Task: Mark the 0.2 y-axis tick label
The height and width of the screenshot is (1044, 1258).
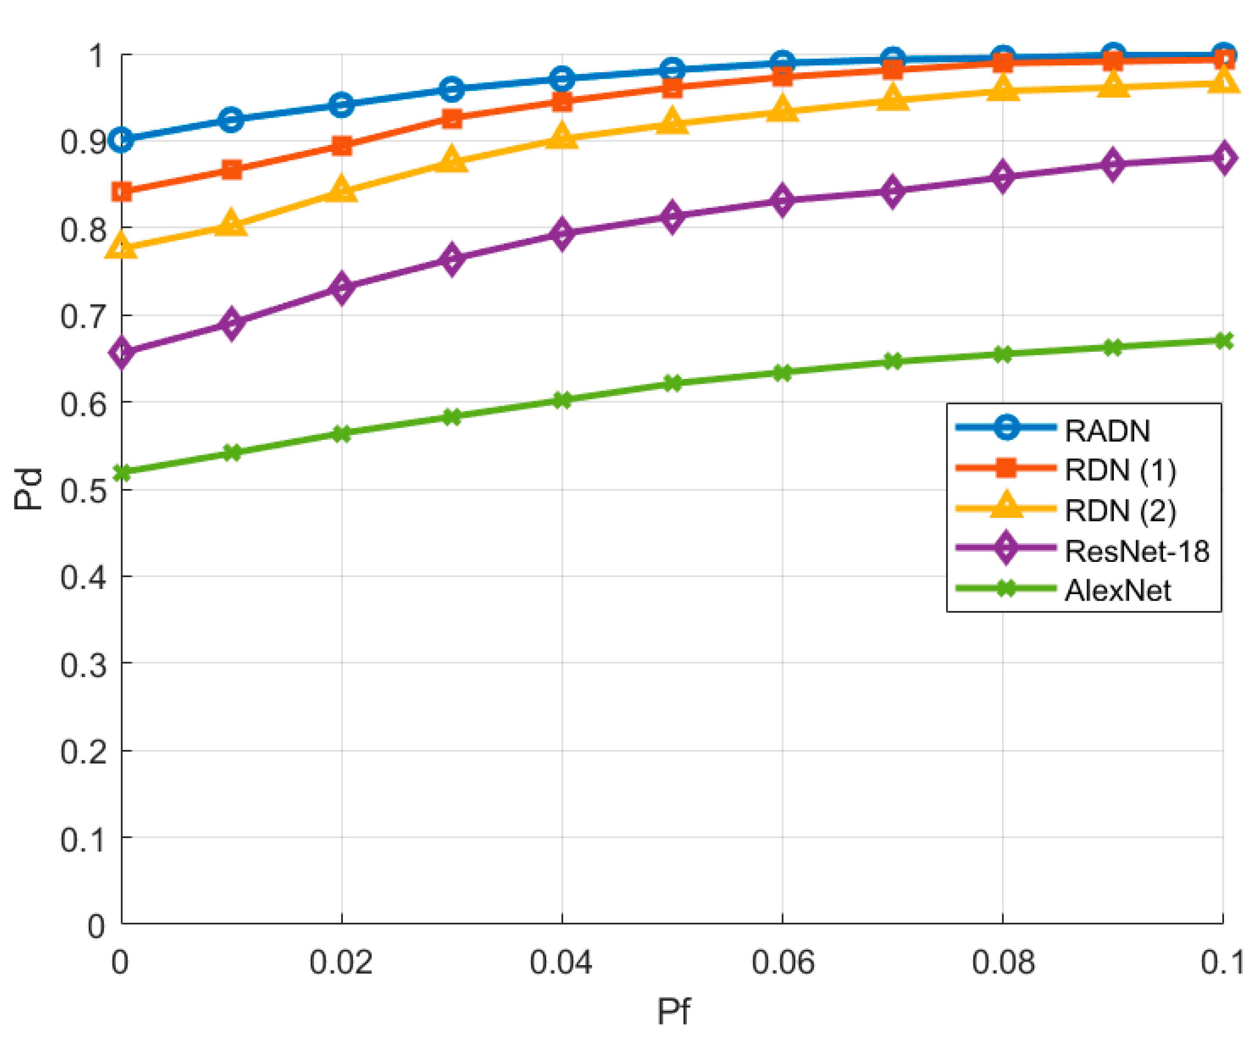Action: [x=84, y=751]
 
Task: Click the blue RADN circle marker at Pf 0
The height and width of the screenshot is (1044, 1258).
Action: [x=122, y=140]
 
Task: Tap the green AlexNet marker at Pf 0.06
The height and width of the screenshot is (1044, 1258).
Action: [x=782, y=372]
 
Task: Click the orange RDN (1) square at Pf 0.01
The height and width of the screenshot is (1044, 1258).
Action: [x=231, y=169]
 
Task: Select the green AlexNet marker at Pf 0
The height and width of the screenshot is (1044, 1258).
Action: [x=122, y=473]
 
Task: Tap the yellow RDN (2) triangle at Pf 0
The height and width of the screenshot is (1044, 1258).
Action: [x=122, y=246]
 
